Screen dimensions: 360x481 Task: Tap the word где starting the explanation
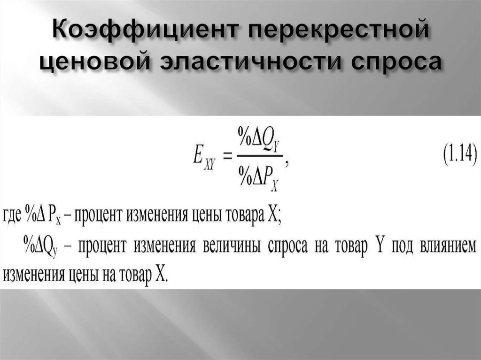click(12, 217)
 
